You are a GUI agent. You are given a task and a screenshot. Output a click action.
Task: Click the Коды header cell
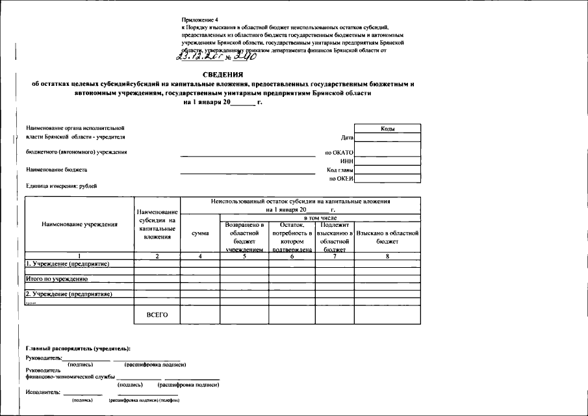click(388, 129)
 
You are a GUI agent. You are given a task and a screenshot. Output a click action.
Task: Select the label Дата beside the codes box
click(347, 138)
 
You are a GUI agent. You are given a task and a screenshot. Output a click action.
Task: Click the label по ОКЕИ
click(341, 177)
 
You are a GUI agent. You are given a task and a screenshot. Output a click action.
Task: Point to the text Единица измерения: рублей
click(62, 186)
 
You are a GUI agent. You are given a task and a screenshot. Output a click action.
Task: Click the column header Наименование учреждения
click(79, 224)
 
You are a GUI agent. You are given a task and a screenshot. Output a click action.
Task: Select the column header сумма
click(199, 233)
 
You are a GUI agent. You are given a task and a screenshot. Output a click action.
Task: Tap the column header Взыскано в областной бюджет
click(387, 237)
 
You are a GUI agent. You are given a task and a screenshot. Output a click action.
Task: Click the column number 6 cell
click(292, 256)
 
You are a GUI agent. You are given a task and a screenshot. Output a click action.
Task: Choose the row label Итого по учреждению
click(57, 279)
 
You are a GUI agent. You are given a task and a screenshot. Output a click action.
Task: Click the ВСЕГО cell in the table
click(157, 315)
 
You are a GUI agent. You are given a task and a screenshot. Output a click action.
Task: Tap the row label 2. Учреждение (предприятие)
click(69, 294)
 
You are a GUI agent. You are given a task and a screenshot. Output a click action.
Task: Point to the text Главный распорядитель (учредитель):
click(79, 350)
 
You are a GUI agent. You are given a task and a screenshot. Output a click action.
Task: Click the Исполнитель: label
click(43, 392)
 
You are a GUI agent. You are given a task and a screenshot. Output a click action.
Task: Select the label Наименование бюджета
click(57, 170)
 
